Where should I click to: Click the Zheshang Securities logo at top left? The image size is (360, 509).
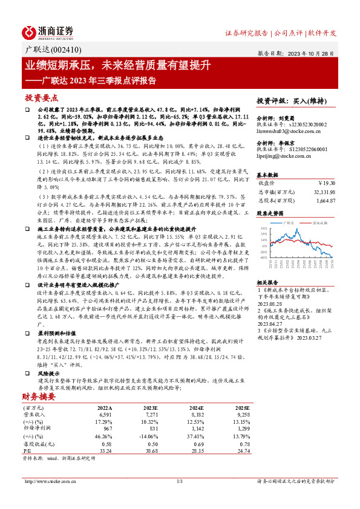[48, 31]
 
